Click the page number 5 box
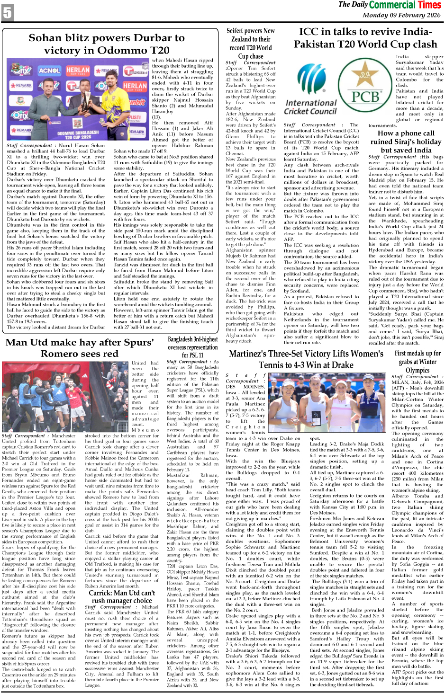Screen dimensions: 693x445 coord(8,13)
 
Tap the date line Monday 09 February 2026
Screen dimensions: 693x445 coord(401,15)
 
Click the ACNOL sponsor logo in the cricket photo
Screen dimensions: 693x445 coord(49,71)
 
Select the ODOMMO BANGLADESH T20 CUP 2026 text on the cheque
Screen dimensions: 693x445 coord(78,135)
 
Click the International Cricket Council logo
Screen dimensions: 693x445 coord(310,92)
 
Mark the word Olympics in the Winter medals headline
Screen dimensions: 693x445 coord(417,370)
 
